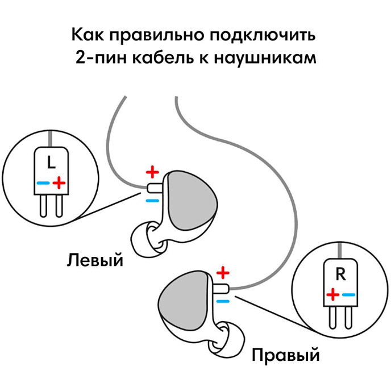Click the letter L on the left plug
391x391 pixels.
click(51, 163)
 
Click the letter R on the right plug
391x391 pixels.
click(340, 274)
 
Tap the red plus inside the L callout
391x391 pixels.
click(59, 182)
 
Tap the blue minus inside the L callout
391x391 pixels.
click(43, 183)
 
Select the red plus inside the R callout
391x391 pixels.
click(334, 294)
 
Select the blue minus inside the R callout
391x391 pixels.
click(348, 294)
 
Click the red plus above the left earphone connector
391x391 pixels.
click(152, 171)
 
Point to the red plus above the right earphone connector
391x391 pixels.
click(223, 271)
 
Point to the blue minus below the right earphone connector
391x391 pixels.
click(223, 300)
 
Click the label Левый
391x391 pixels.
click(95, 261)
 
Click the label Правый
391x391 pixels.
click(285, 356)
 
